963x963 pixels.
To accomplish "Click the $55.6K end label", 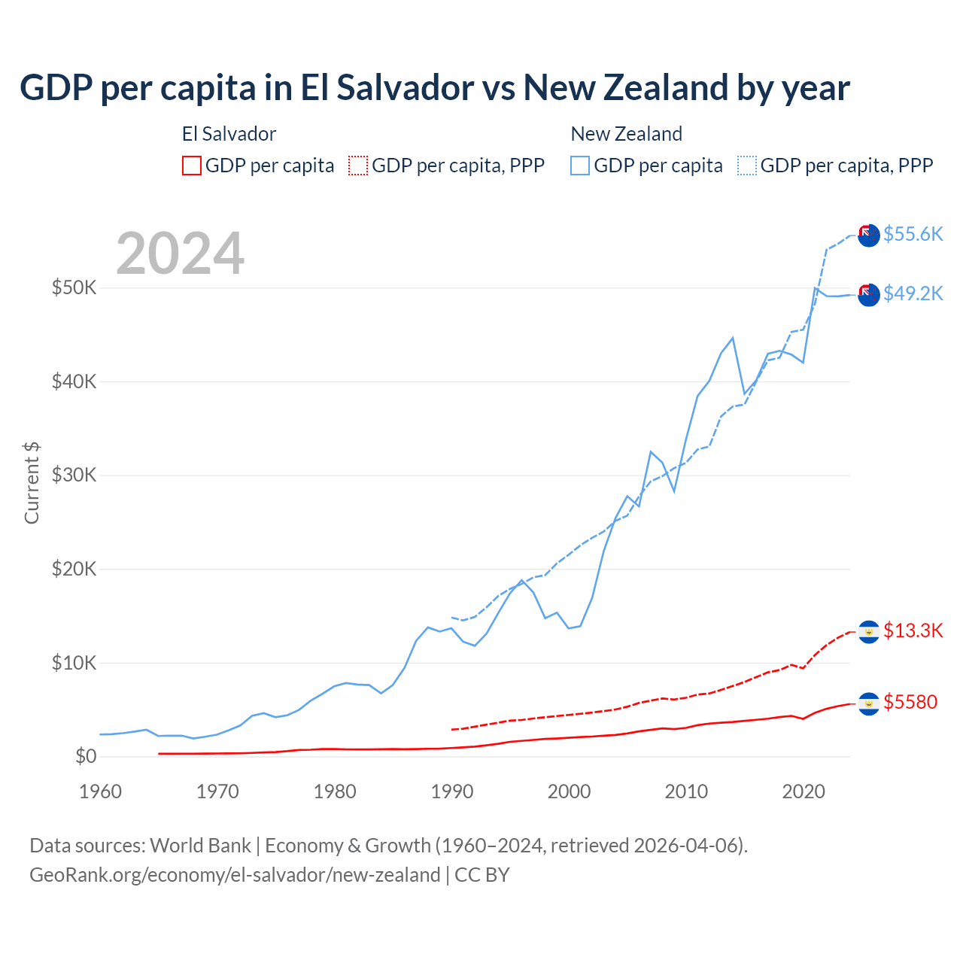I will click(913, 234).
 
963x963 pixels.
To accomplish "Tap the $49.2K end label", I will click(913, 293).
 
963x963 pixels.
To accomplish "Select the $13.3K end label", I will click(913, 630).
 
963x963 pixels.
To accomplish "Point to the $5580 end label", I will click(910, 702).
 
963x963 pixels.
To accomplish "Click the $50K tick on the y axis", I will click(74, 287).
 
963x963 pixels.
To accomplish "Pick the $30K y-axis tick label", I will click(74, 475).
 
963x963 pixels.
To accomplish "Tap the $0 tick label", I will click(86, 756).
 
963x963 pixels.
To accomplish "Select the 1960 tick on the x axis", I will click(100, 791).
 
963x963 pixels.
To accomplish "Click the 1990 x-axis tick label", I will click(451, 791).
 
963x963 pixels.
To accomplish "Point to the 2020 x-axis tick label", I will click(804, 791).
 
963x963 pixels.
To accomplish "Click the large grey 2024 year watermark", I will click(181, 254).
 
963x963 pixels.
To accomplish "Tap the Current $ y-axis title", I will click(32, 483).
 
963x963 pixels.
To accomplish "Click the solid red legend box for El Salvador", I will click(192, 166).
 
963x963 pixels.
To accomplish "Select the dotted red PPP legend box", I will click(358, 166).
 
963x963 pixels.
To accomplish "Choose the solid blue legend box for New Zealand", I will click(580, 166).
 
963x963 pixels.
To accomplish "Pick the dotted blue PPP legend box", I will click(747, 166).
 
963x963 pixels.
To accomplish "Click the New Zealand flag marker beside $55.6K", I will click(869, 235).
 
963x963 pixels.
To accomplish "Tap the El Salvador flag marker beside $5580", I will click(869, 703).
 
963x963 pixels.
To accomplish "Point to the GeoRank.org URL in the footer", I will click(235, 875).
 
